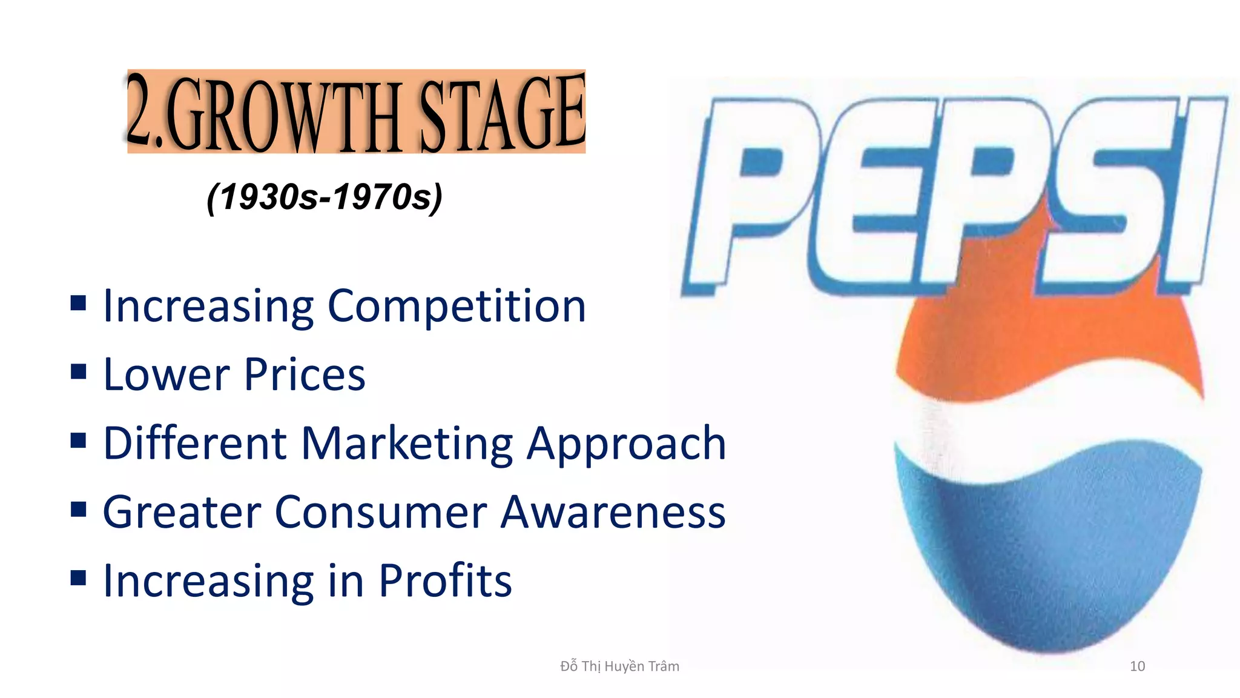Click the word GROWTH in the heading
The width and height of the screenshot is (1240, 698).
coord(285,115)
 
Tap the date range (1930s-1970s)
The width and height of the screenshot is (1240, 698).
coord(325,197)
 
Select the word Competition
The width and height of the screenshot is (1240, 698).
coord(457,307)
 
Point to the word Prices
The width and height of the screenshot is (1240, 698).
coord(305,375)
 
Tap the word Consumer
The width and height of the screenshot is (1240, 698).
coord(381,513)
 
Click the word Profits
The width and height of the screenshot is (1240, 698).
coord(445,581)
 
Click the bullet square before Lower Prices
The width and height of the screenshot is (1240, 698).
coord(78,371)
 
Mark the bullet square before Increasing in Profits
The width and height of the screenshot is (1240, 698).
coord(78,577)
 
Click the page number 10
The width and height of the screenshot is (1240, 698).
coord(1137,666)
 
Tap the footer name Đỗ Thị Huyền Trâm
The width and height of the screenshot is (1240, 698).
coord(619,666)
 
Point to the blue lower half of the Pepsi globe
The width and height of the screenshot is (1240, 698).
coord(1047,545)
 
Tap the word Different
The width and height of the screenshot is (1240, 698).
coord(194,444)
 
